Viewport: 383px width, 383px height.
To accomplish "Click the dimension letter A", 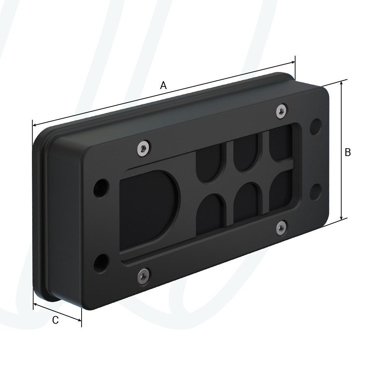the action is (x=163, y=85).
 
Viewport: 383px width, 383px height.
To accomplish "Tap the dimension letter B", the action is (x=348, y=152).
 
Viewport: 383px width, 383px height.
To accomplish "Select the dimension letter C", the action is (x=55, y=320).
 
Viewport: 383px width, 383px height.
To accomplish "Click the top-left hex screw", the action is (x=143, y=149).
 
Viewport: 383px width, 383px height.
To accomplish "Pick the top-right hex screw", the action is (x=282, y=111).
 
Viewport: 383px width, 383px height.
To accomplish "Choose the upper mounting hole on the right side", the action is (x=316, y=127).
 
